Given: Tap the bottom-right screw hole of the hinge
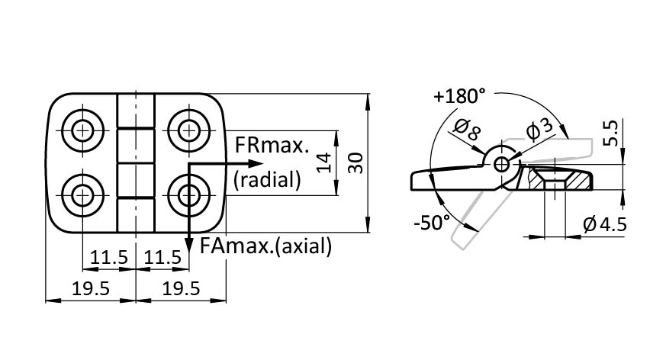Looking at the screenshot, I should (188, 196).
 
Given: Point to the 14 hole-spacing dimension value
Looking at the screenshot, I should (323, 162).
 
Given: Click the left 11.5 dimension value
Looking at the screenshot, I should (109, 258).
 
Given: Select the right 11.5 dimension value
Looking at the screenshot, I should (162, 258).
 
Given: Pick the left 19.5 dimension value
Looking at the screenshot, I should (90, 288).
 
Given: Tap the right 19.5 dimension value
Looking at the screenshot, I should (181, 288).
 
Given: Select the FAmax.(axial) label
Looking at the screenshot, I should (265, 246).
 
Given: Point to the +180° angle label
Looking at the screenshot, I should (459, 97).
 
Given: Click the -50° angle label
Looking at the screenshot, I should (431, 223).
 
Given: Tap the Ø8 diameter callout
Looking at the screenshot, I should (467, 131).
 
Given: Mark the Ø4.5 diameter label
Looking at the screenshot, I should (605, 225).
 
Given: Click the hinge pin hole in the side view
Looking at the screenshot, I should (501, 163).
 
